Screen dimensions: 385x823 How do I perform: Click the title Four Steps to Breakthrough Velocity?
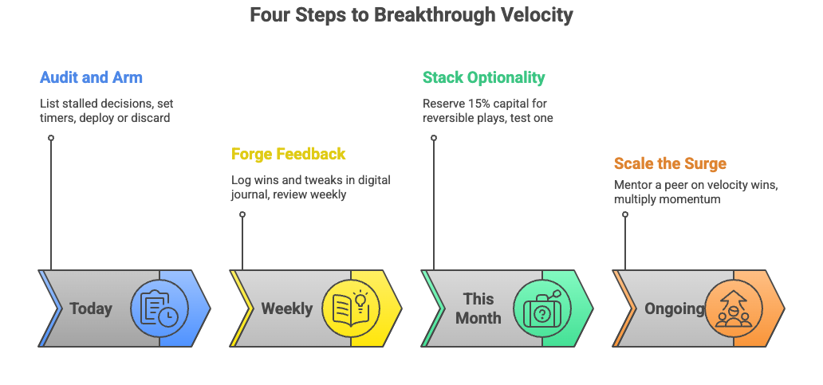coord(411,15)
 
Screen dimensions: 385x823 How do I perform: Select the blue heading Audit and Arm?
coord(91,78)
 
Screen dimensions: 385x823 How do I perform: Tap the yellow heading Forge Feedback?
coord(289,154)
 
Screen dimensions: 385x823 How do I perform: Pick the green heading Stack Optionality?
coord(483,78)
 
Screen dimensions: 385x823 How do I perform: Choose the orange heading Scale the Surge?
coord(670,164)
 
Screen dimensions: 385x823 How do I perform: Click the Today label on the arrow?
coord(91,308)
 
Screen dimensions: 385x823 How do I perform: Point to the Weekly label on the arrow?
coord(286,308)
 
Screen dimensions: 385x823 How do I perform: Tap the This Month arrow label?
coord(478,308)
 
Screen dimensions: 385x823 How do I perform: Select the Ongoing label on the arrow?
coord(674,308)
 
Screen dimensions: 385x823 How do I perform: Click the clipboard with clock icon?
coord(159,308)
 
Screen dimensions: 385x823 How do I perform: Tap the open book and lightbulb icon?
coord(351,308)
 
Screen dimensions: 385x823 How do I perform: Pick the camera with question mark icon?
coord(542,308)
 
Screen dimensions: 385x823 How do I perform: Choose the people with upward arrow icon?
coord(734,308)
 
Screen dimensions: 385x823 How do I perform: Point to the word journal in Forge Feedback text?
coord(249,194)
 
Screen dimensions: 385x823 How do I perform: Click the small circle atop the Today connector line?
coord(51,138)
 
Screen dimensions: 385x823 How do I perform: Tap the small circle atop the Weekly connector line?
coord(242,214)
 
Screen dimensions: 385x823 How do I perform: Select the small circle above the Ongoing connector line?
coord(625,214)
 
